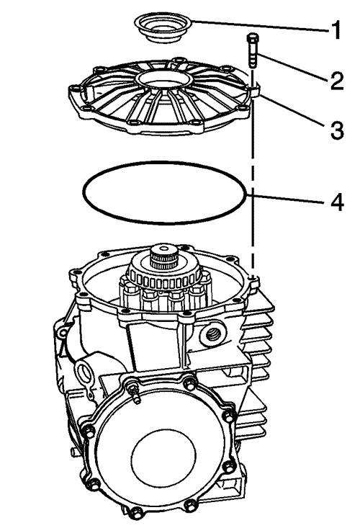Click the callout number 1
click(x=335, y=30)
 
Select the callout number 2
click(x=336, y=81)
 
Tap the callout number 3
click(x=337, y=130)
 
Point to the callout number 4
click(x=337, y=202)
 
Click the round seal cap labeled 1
click(x=163, y=28)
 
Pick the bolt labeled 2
click(x=253, y=51)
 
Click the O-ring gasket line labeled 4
click(x=165, y=223)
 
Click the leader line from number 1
click(x=259, y=26)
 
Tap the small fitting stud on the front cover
click(x=134, y=393)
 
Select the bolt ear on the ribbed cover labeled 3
click(x=255, y=89)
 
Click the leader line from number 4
click(x=287, y=199)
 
